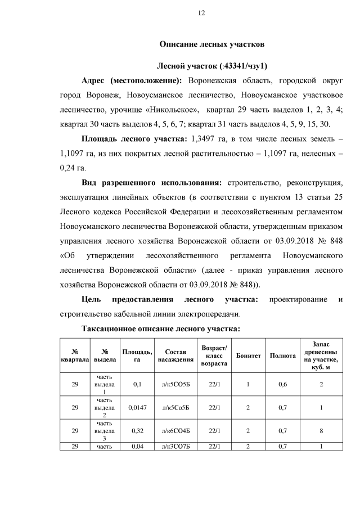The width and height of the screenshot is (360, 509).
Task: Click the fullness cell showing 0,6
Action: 283,384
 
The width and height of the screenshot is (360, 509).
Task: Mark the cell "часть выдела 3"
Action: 104,431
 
